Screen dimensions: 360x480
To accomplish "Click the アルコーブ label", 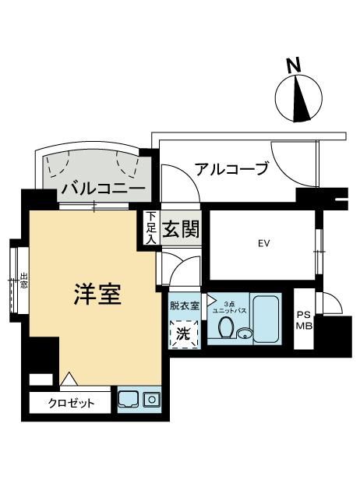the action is [x=231, y=168].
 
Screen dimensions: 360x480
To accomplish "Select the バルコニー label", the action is [x=103, y=187].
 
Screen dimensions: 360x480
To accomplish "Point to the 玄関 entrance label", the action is [x=181, y=229].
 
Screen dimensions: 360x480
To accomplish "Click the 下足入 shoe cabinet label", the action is [x=150, y=228].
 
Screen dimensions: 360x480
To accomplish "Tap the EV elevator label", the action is [x=263, y=244].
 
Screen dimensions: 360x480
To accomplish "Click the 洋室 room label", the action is [x=97, y=295].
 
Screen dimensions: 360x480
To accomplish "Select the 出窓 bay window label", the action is [x=23, y=281].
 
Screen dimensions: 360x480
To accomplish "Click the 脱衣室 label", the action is [x=185, y=305].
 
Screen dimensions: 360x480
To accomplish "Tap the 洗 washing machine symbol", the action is [x=184, y=334].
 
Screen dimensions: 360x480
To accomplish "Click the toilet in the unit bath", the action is [x=226, y=327].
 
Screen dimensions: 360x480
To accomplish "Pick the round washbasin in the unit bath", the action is [x=245, y=334].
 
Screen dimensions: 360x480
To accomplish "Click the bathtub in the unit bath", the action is [x=266, y=319].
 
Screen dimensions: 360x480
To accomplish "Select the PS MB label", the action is [x=304, y=320].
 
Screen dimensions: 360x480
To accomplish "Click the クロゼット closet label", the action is [x=71, y=403].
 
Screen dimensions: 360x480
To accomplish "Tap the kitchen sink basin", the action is [x=129, y=400].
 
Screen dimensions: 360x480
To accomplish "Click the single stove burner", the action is [x=152, y=400].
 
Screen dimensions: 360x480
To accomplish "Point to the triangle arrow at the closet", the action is [x=69, y=379].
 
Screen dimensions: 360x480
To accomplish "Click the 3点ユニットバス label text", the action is [x=230, y=307].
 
